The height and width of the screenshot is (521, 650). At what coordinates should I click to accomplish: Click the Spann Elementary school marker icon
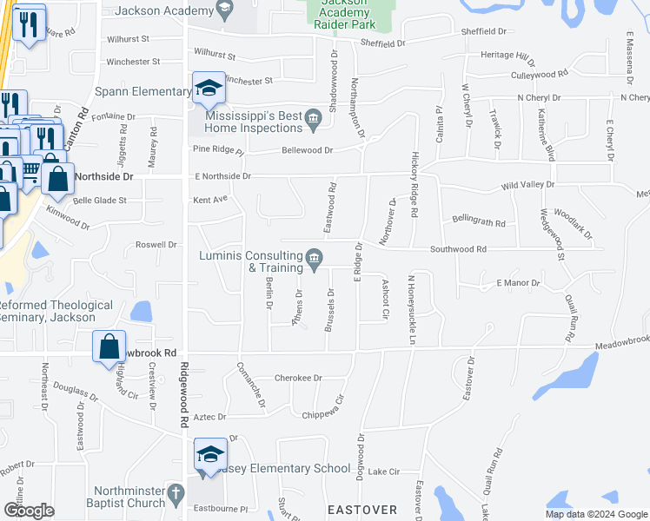pos(209,88)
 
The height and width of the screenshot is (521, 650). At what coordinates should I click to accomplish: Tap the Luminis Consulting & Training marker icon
pos(314,256)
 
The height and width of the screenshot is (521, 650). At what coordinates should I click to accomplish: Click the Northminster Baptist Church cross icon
pos(176,496)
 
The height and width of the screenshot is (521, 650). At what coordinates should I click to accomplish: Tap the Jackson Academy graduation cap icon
pos(225,10)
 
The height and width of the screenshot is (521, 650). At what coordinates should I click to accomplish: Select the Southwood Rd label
pos(458,249)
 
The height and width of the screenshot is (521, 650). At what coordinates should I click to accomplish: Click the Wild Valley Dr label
pos(527,185)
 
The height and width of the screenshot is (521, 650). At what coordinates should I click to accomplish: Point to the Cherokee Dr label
pos(298,379)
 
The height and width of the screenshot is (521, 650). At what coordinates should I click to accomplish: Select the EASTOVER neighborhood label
pos(362,508)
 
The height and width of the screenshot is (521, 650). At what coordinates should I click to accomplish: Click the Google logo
pos(29,511)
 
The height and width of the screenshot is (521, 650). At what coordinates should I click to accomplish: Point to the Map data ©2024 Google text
pos(595,514)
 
